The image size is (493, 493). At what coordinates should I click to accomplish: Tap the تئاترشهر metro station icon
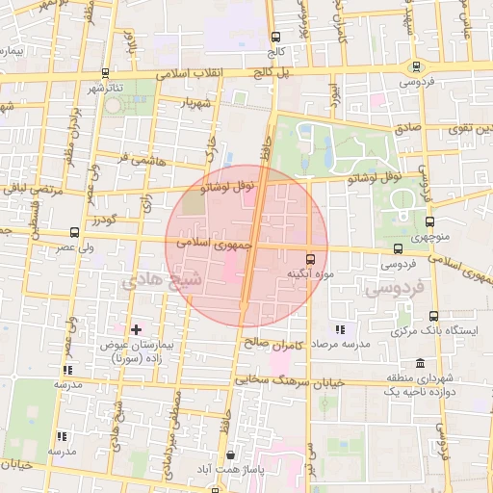pyautogui.click(x=104, y=72)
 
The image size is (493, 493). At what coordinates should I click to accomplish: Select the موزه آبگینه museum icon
pyautogui.click(x=310, y=259)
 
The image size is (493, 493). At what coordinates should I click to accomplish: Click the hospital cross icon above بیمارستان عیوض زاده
pyautogui.click(x=136, y=330)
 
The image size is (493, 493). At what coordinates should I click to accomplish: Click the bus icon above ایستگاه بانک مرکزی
pyautogui.click(x=432, y=316)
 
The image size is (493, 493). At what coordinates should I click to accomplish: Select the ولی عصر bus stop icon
pyautogui.click(x=74, y=232)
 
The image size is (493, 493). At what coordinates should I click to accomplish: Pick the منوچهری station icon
pyautogui.click(x=429, y=221)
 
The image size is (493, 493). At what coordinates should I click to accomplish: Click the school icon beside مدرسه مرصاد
pyautogui.click(x=338, y=329)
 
